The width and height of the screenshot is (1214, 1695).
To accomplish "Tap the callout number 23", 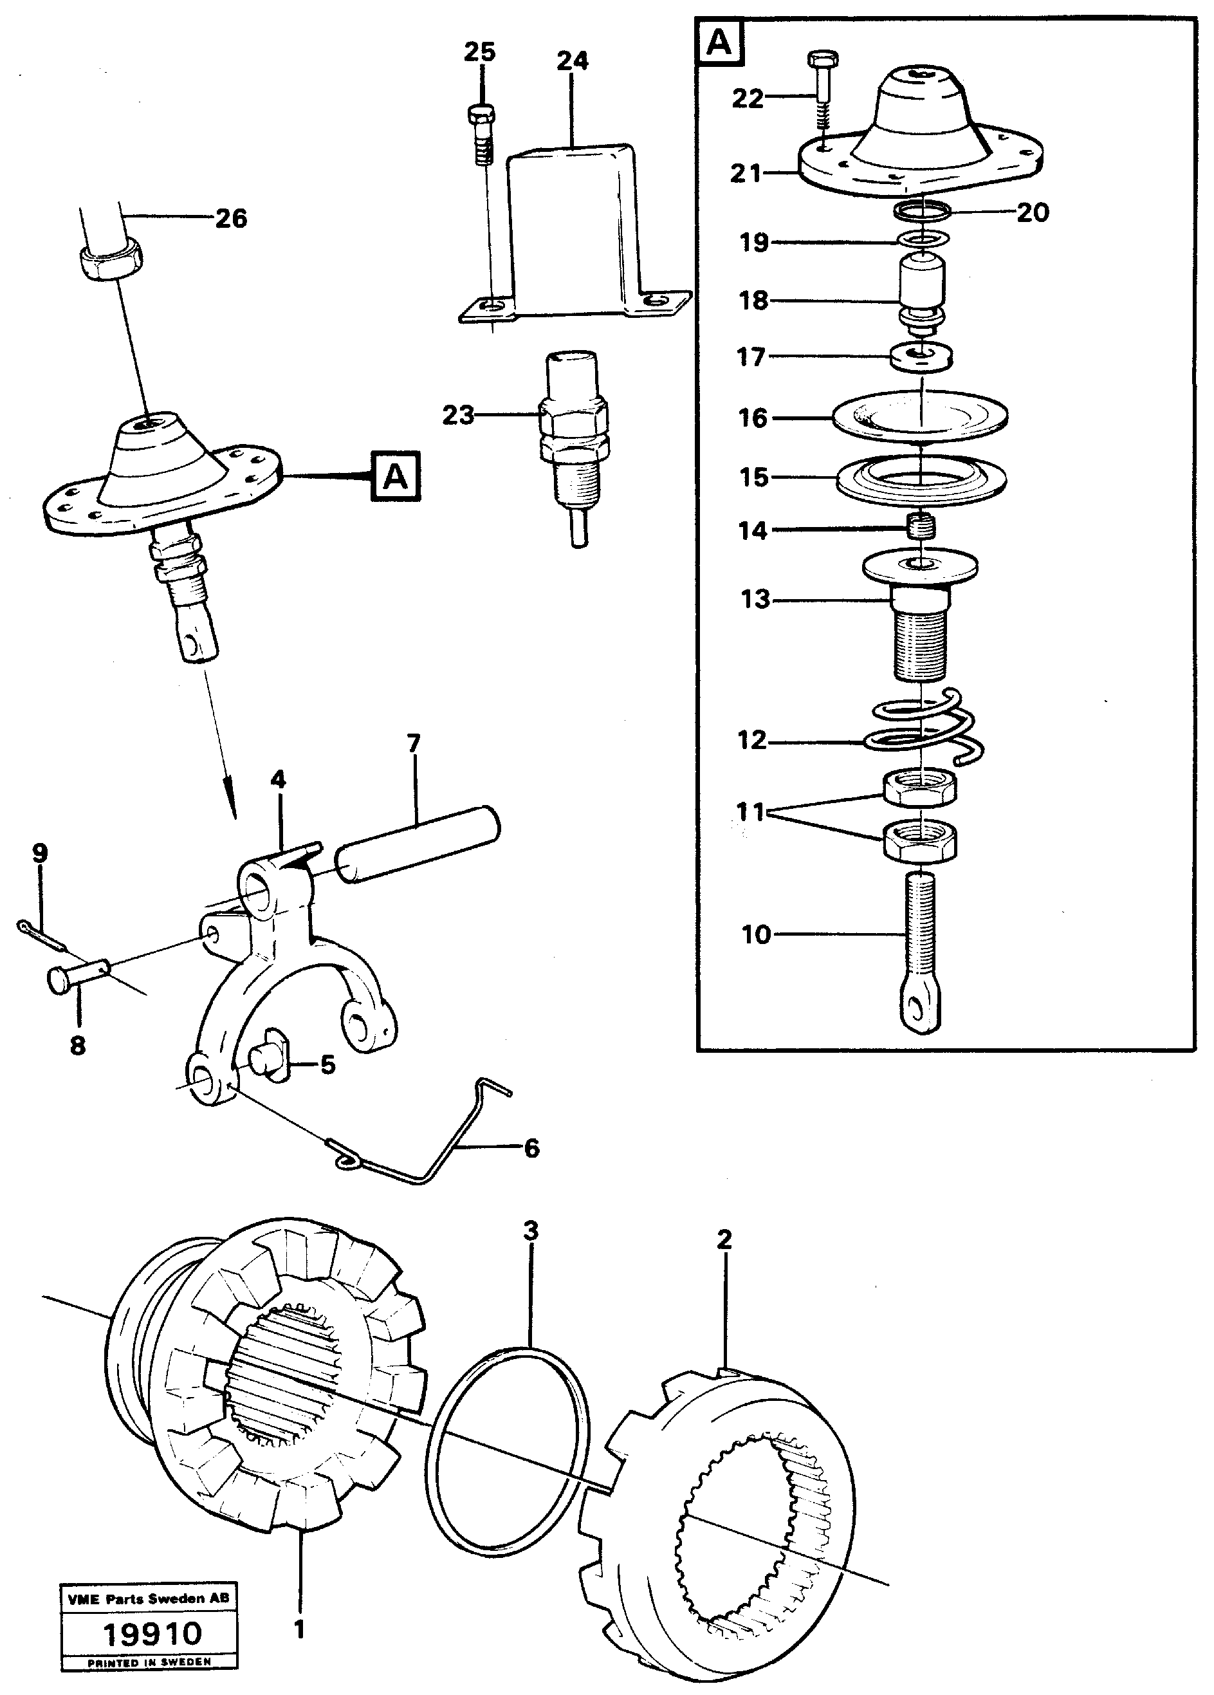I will (x=458, y=415).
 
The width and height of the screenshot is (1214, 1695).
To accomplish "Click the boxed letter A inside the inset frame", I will (x=719, y=42).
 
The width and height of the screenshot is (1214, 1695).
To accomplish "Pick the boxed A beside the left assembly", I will (x=395, y=476).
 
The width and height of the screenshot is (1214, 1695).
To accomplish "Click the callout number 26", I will (x=230, y=219).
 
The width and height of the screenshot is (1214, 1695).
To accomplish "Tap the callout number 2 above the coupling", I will (x=723, y=1239).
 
